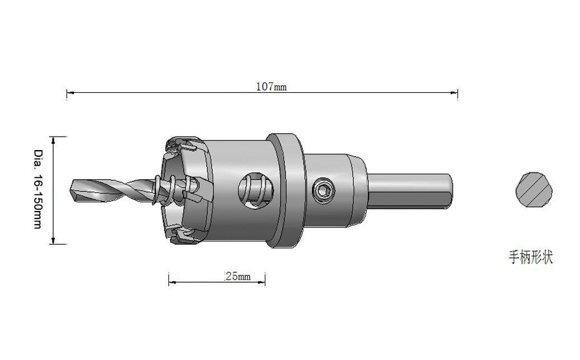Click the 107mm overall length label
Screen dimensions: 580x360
pyautogui.click(x=271, y=87)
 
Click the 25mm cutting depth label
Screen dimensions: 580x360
pyautogui.click(x=237, y=276)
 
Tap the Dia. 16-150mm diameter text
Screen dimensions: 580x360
pyautogui.click(x=38, y=189)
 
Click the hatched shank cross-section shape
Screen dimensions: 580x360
pyautogui.click(x=534, y=189)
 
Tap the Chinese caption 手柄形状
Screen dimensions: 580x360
pyautogui.click(x=531, y=257)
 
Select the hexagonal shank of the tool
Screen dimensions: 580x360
pyautogui.click(x=410, y=191)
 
